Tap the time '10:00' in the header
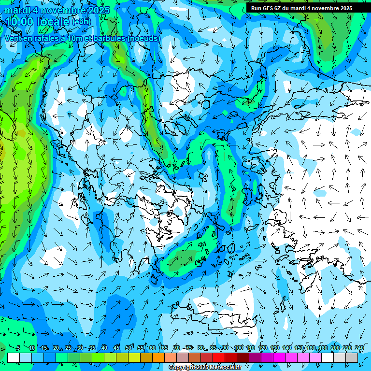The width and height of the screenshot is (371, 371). (20, 21)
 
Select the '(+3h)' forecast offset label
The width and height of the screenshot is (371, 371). (81, 21)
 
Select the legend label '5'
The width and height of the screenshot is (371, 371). (18, 348)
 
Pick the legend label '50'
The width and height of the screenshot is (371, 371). (128, 348)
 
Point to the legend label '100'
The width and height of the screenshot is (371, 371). (238, 348)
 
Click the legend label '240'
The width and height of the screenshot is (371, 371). (359, 348)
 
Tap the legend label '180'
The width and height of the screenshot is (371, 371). (323, 348)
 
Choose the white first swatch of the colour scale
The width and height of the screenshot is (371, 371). (14, 357)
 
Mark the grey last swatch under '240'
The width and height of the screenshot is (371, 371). (352, 357)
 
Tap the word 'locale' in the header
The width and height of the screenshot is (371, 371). (55, 21)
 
